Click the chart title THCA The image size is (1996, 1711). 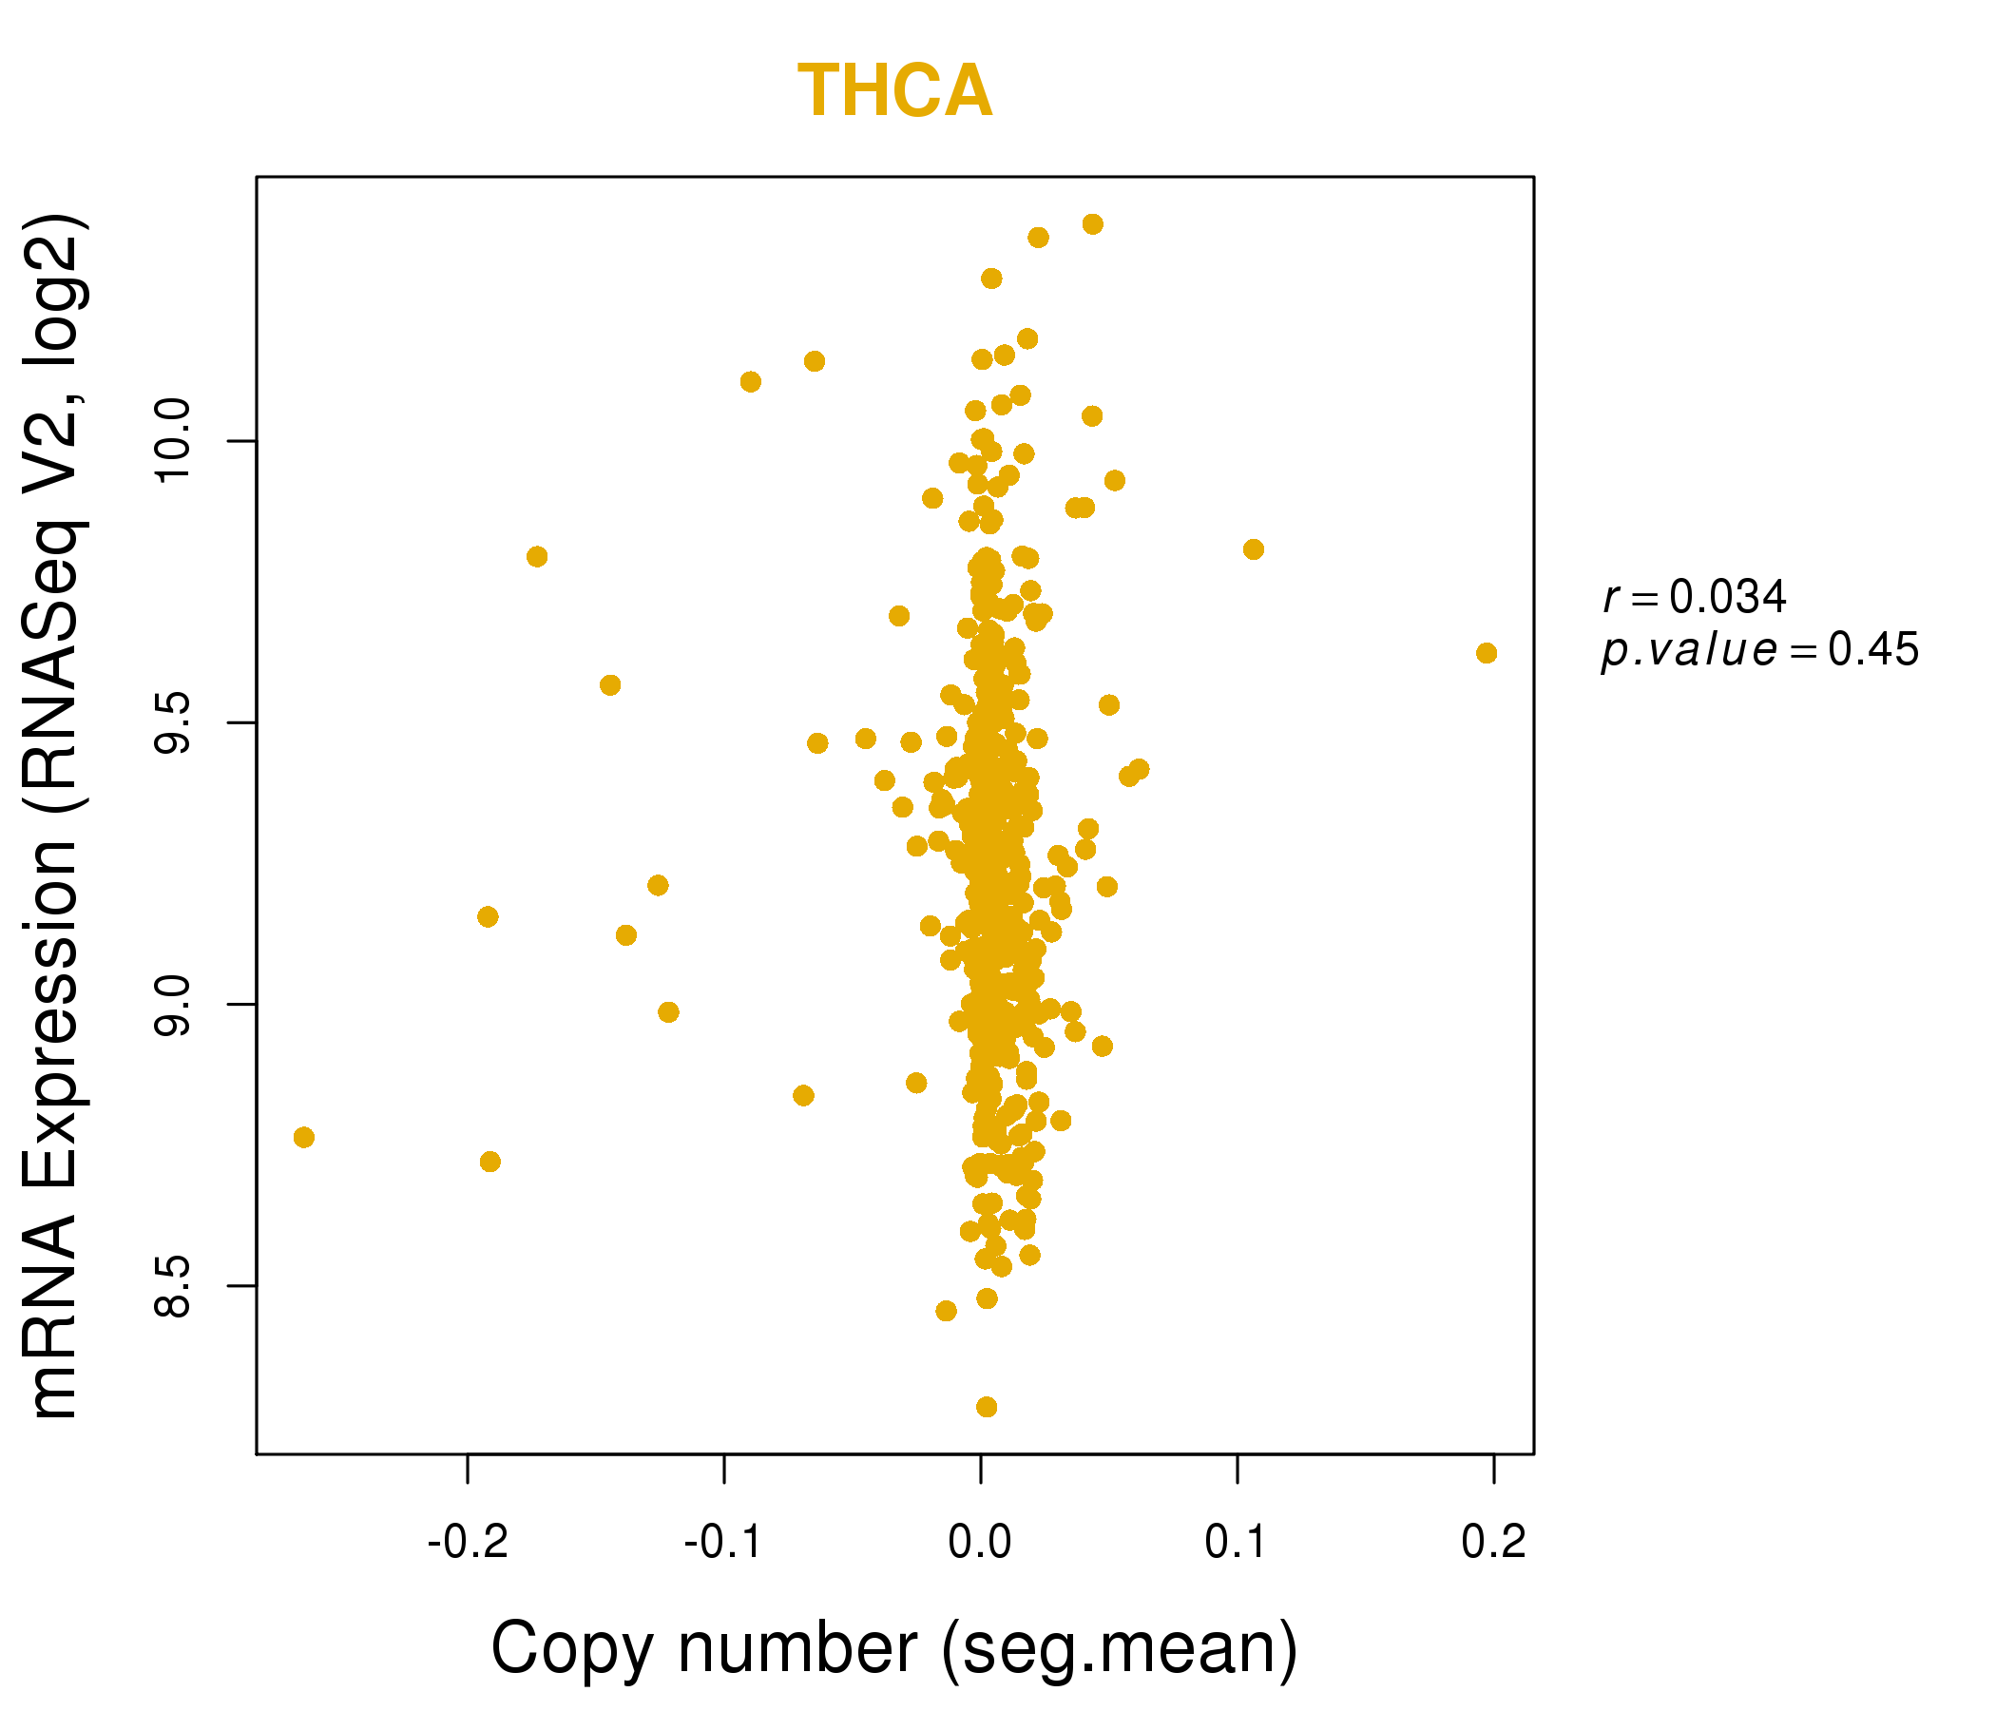click(x=894, y=91)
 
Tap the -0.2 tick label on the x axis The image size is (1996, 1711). click(x=468, y=1542)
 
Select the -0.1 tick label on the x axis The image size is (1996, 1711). click(x=723, y=1542)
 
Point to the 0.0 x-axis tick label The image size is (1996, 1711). click(x=980, y=1542)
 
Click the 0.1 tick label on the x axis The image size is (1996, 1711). click(x=1237, y=1542)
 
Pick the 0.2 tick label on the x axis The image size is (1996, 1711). click(x=1493, y=1542)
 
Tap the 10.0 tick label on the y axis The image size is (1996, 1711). click(x=173, y=441)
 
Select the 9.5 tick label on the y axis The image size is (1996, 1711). click(x=173, y=722)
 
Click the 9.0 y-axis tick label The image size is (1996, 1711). click(x=173, y=1005)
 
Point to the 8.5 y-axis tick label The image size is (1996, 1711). click(x=173, y=1285)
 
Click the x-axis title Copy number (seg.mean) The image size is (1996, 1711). click(x=894, y=1649)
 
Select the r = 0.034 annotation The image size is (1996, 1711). click(x=1695, y=597)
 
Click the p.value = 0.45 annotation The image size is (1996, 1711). click(x=1760, y=650)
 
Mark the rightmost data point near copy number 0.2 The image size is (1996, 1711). click(x=1487, y=653)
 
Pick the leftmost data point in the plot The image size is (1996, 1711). click(x=303, y=1138)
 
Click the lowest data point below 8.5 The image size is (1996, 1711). click(x=987, y=1408)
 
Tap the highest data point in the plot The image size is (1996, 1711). click(x=1092, y=224)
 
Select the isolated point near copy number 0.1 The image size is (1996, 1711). click(x=1254, y=549)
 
